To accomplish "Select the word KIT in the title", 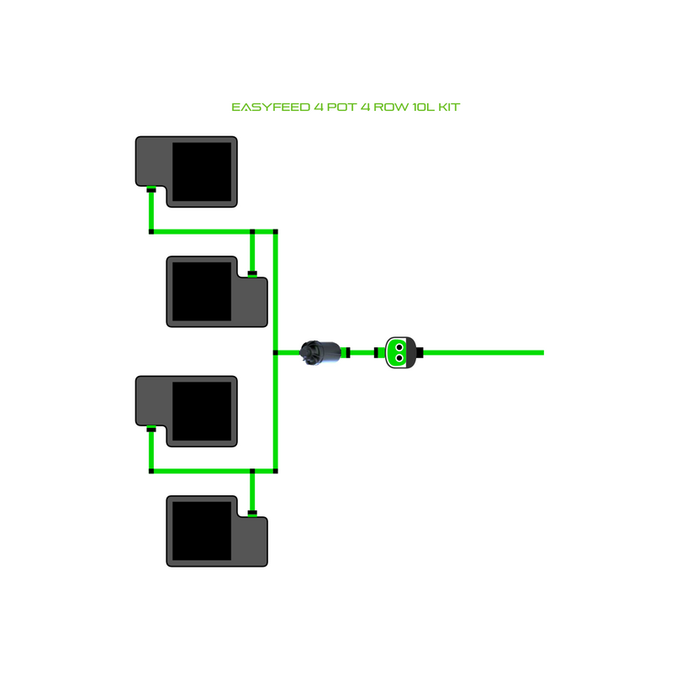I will coord(451,108).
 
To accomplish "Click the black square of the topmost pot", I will coord(202,172).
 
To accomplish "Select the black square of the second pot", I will coord(200,291).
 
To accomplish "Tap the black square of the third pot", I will coord(202,411).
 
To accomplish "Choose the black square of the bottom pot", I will coord(200,531).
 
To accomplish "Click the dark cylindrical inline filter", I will coord(320,351).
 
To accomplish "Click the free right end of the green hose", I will coord(541,352).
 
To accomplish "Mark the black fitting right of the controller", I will coord(419,352).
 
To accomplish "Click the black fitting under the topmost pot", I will coord(151,190).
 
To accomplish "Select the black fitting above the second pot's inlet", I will coord(252,272).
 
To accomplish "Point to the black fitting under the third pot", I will coord(151,430).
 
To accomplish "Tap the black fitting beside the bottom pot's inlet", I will coord(252,511).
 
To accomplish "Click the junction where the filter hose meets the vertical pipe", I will coord(276,352).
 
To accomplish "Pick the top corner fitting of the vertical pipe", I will coord(276,231).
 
